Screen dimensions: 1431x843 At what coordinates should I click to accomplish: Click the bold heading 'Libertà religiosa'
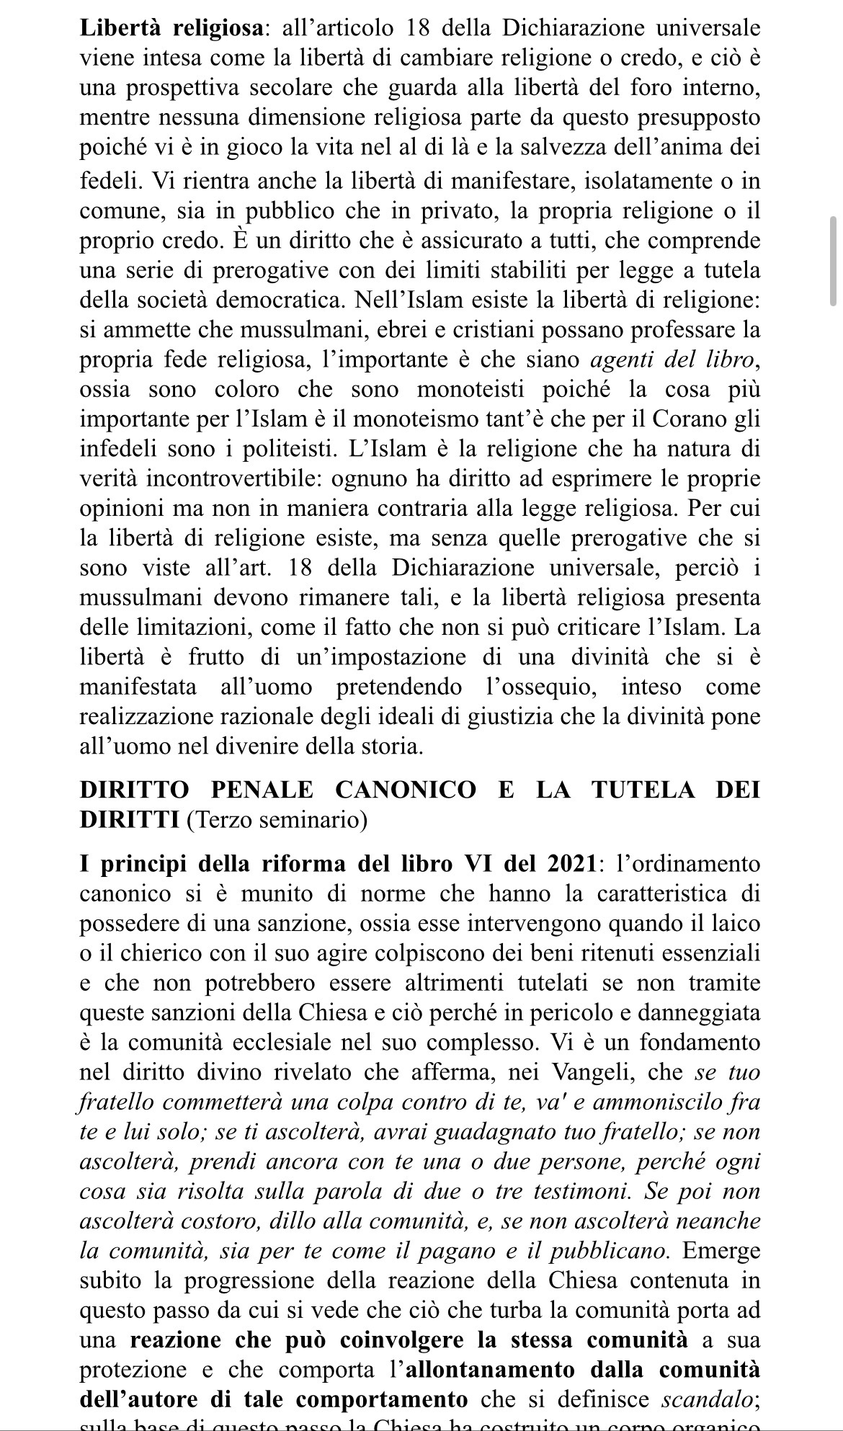point(170,28)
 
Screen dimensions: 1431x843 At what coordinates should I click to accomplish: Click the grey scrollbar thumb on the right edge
point(833,261)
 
